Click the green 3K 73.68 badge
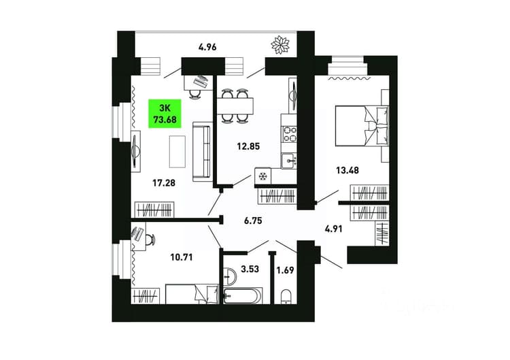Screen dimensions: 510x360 [165, 113]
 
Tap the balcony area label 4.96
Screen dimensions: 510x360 [207, 47]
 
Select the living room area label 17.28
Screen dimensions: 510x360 [164, 183]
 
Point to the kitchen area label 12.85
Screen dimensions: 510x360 [248, 146]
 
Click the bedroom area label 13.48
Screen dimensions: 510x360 [347, 170]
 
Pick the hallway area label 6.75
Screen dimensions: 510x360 [253, 221]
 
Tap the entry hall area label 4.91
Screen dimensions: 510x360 [334, 229]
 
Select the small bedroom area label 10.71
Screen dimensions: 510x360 [182, 257]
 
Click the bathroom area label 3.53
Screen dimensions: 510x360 [250, 269]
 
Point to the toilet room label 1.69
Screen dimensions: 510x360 [285, 270]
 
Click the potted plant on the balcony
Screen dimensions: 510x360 [280, 44]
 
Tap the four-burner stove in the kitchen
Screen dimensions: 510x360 [289, 134]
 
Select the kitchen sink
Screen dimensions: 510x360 [289, 161]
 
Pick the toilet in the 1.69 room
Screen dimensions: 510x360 [286, 297]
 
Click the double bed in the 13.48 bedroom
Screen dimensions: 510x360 [362, 126]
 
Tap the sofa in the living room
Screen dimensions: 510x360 [201, 152]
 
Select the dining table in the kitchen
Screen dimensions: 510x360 [235, 105]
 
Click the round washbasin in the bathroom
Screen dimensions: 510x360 [231, 276]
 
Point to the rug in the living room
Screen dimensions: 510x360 [177, 152]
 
